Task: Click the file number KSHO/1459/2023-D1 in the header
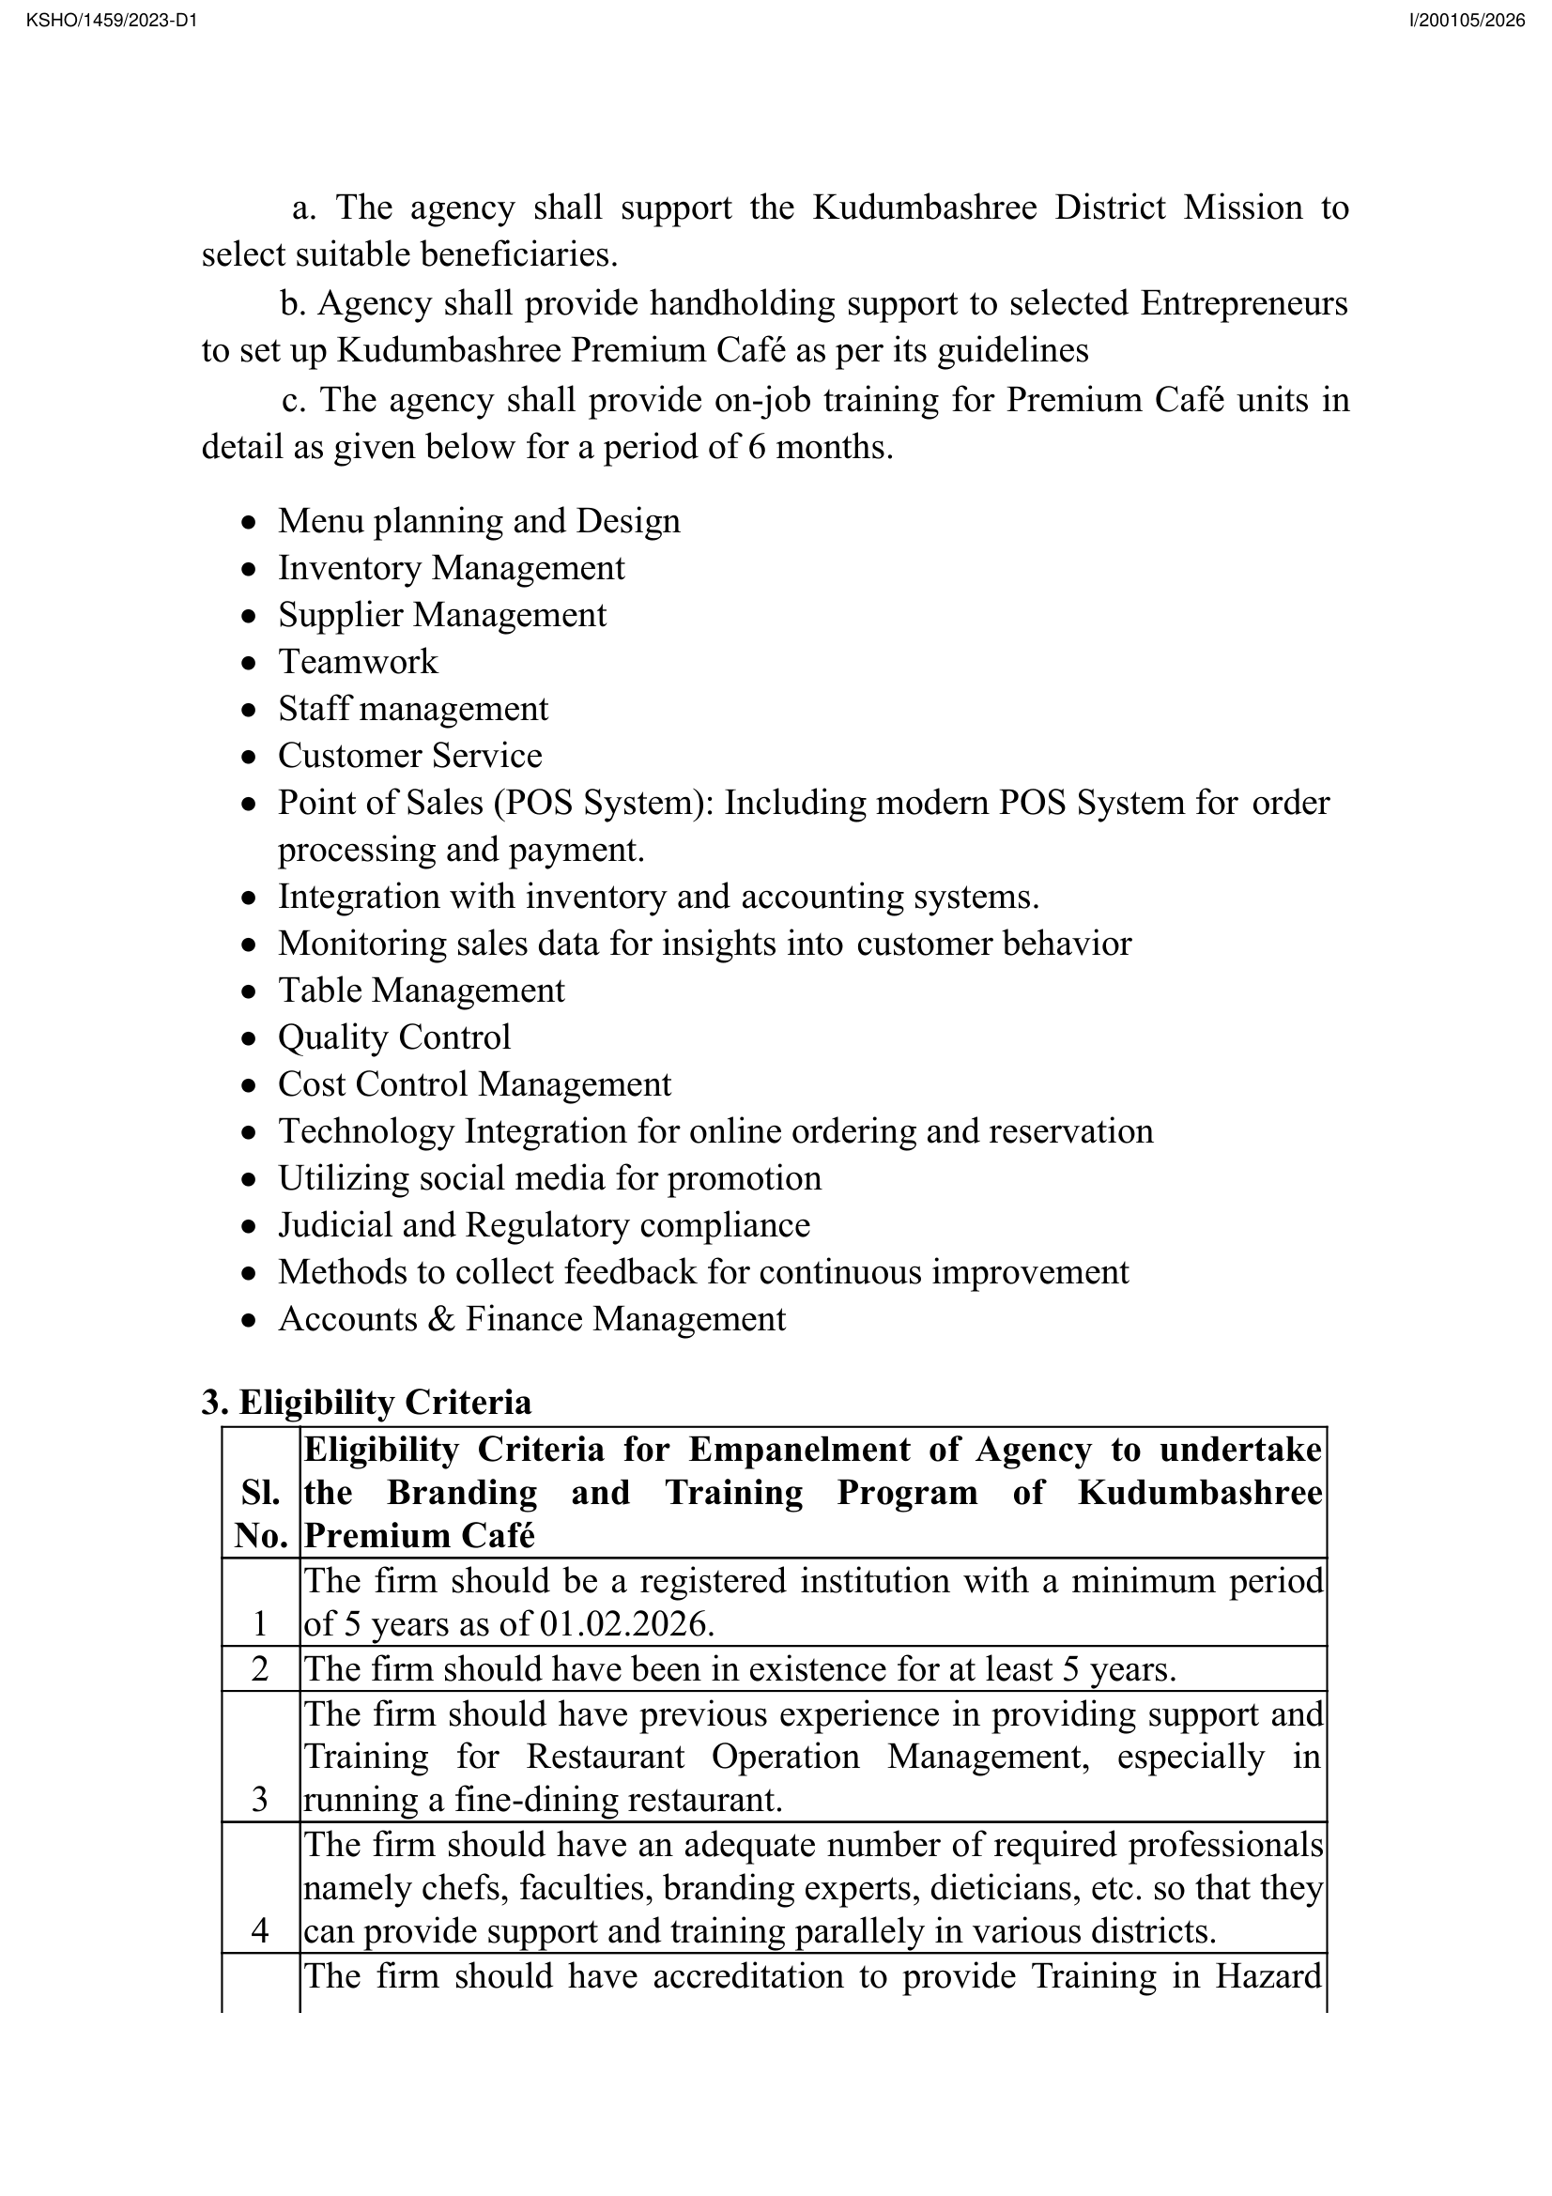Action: (x=111, y=20)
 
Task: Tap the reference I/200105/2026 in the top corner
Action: (x=1467, y=20)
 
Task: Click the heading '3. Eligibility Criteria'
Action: (x=366, y=1402)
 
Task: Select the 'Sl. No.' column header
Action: (x=260, y=1514)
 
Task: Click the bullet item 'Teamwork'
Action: (x=358, y=662)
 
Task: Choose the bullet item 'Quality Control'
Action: (x=394, y=1037)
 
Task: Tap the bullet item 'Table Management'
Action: (x=421, y=990)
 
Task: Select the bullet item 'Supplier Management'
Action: (x=442, y=615)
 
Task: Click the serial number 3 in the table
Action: (x=260, y=1799)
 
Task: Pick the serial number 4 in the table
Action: (x=260, y=1930)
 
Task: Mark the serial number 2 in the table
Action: (x=260, y=1669)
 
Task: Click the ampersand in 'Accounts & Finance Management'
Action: (x=441, y=1319)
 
